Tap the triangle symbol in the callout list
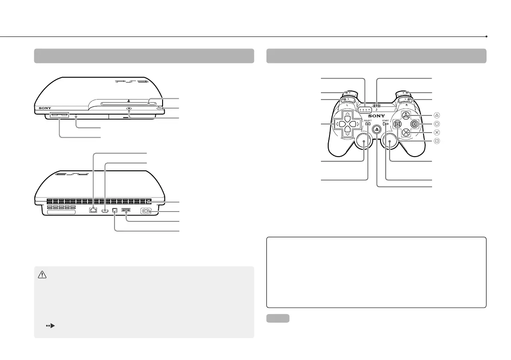pyautogui.click(x=437, y=115)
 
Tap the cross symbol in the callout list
pyautogui.click(x=437, y=132)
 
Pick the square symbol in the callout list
pyautogui.click(x=437, y=141)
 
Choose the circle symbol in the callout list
pyautogui.click(x=437, y=124)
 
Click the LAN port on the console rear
pyautogui.click(x=93, y=210)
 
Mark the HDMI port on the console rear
pyautogui.click(x=106, y=210)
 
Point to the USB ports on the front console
pyautogui.click(x=59, y=115)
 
